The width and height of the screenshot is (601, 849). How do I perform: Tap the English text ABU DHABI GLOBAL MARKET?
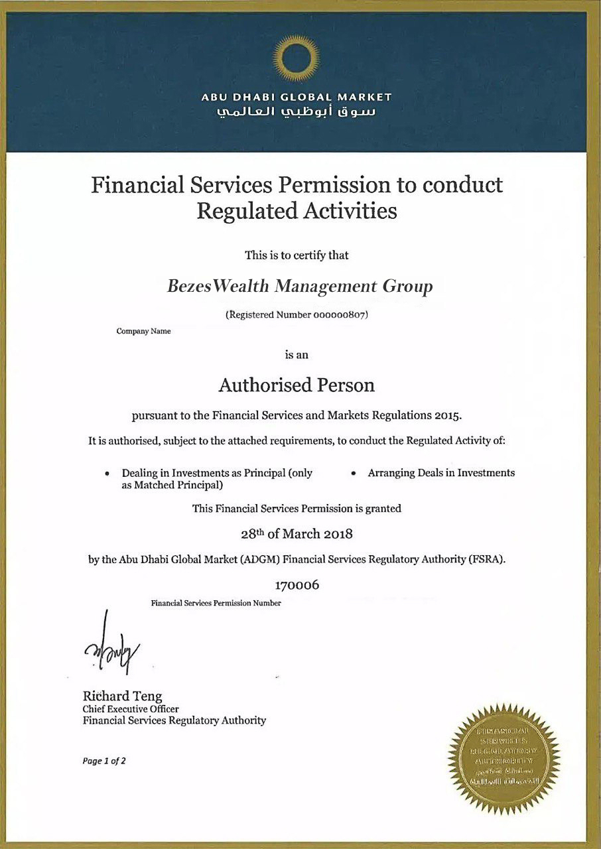297,97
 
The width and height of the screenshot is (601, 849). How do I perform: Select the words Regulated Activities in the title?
297,211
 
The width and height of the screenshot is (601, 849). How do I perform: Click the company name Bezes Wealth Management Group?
300,287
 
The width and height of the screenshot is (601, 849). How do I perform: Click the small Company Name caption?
143,331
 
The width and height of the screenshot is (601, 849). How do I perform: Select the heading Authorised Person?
297,385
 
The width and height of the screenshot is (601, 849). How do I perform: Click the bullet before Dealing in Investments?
107,474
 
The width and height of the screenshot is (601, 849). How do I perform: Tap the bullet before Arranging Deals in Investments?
354,474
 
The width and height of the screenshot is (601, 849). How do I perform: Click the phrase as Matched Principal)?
171,486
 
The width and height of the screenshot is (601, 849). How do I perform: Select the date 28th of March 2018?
297,533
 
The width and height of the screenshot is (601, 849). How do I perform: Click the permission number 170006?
297,585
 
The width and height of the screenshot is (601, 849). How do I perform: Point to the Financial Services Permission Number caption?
216,603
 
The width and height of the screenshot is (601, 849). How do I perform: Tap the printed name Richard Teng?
122,696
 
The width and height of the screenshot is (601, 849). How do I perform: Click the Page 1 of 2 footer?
104,761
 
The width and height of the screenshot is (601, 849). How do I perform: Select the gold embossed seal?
503,758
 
